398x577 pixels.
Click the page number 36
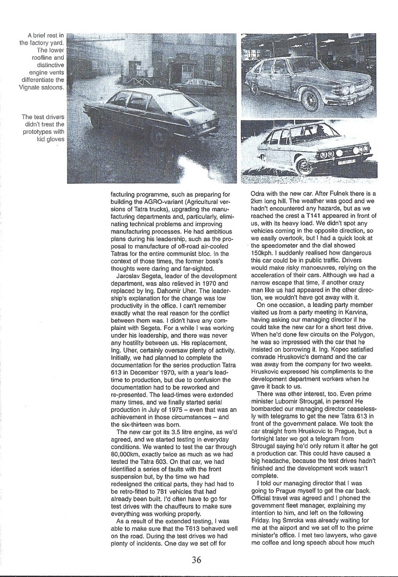196,560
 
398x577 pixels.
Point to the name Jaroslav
127,276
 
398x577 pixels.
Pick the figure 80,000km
124,454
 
